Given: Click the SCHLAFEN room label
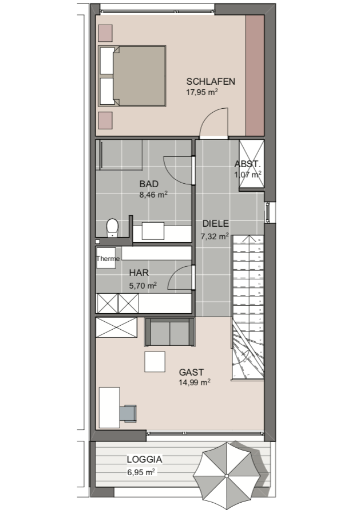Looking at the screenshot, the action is (x=211, y=81).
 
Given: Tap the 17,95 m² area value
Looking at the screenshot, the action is (x=202, y=92).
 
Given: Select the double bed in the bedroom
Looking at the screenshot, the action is (x=132, y=76).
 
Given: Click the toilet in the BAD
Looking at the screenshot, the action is (x=112, y=227).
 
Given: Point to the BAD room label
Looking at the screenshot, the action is (x=149, y=184).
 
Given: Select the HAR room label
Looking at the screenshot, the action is (x=139, y=273).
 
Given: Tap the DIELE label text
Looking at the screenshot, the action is (x=215, y=224).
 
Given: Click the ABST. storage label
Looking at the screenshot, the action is (x=247, y=164).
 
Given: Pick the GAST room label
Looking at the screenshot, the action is (x=191, y=372).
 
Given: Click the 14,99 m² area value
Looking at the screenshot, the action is (x=195, y=382).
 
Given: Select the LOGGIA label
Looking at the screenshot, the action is (x=145, y=459).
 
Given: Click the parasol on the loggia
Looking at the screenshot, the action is (x=227, y=475).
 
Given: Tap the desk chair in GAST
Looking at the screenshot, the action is (x=128, y=413).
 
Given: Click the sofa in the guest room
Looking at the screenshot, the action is (x=170, y=332).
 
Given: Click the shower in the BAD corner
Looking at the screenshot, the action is (x=119, y=155).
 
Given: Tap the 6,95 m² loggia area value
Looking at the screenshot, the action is (x=141, y=472).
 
